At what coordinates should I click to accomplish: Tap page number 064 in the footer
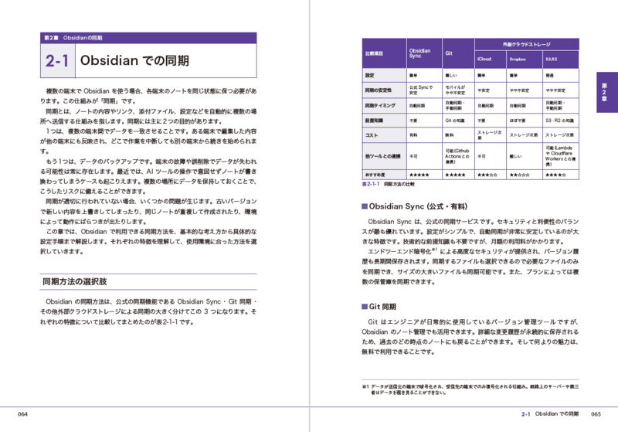point(24,414)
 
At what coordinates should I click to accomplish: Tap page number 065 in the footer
point(595,414)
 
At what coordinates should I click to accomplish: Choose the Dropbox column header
point(517,58)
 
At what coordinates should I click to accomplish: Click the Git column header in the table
point(449,55)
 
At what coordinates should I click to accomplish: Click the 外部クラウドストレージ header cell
point(525,43)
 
